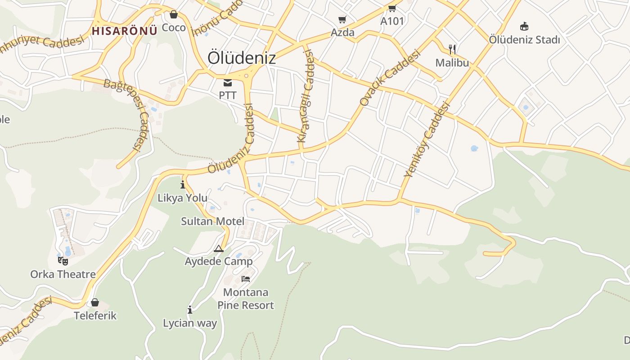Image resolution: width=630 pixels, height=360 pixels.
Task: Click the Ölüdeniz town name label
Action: [241, 58]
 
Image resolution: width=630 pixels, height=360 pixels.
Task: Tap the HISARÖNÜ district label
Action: [125, 31]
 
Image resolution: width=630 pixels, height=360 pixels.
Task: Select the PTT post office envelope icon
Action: [228, 83]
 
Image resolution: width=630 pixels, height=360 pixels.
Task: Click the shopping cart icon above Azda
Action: [342, 19]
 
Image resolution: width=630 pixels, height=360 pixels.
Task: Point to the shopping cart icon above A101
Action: [392, 8]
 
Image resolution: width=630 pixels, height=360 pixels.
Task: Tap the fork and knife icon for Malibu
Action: [452, 49]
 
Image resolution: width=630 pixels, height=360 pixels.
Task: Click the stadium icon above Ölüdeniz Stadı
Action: [524, 26]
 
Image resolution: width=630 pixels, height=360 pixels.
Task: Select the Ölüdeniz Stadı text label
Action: [524, 40]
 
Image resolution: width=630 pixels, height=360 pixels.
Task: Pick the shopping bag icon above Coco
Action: [174, 14]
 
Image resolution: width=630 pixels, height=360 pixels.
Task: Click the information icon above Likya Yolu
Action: [183, 184]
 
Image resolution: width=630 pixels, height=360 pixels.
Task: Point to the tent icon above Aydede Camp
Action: [219, 248]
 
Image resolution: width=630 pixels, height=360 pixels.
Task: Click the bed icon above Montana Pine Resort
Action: [246, 279]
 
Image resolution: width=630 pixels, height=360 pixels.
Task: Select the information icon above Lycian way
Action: [190, 310]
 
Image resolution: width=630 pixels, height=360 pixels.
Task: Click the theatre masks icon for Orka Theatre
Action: [63, 261]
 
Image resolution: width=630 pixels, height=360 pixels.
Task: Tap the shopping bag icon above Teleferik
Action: [95, 302]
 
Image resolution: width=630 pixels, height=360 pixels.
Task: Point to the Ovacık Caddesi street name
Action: [390, 78]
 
